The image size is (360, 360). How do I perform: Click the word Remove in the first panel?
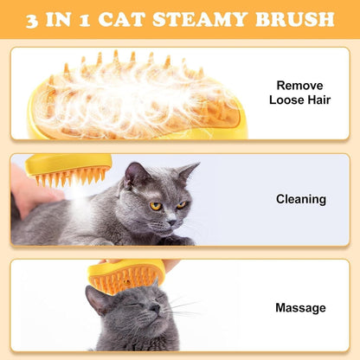[x=300, y=86]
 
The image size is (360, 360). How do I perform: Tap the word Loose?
[x=286, y=100]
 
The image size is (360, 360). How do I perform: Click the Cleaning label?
[x=300, y=199]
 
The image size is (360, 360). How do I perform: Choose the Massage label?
[x=300, y=307]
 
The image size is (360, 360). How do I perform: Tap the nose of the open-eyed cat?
[x=170, y=220]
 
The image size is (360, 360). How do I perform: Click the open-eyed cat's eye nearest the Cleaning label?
[x=181, y=204]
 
